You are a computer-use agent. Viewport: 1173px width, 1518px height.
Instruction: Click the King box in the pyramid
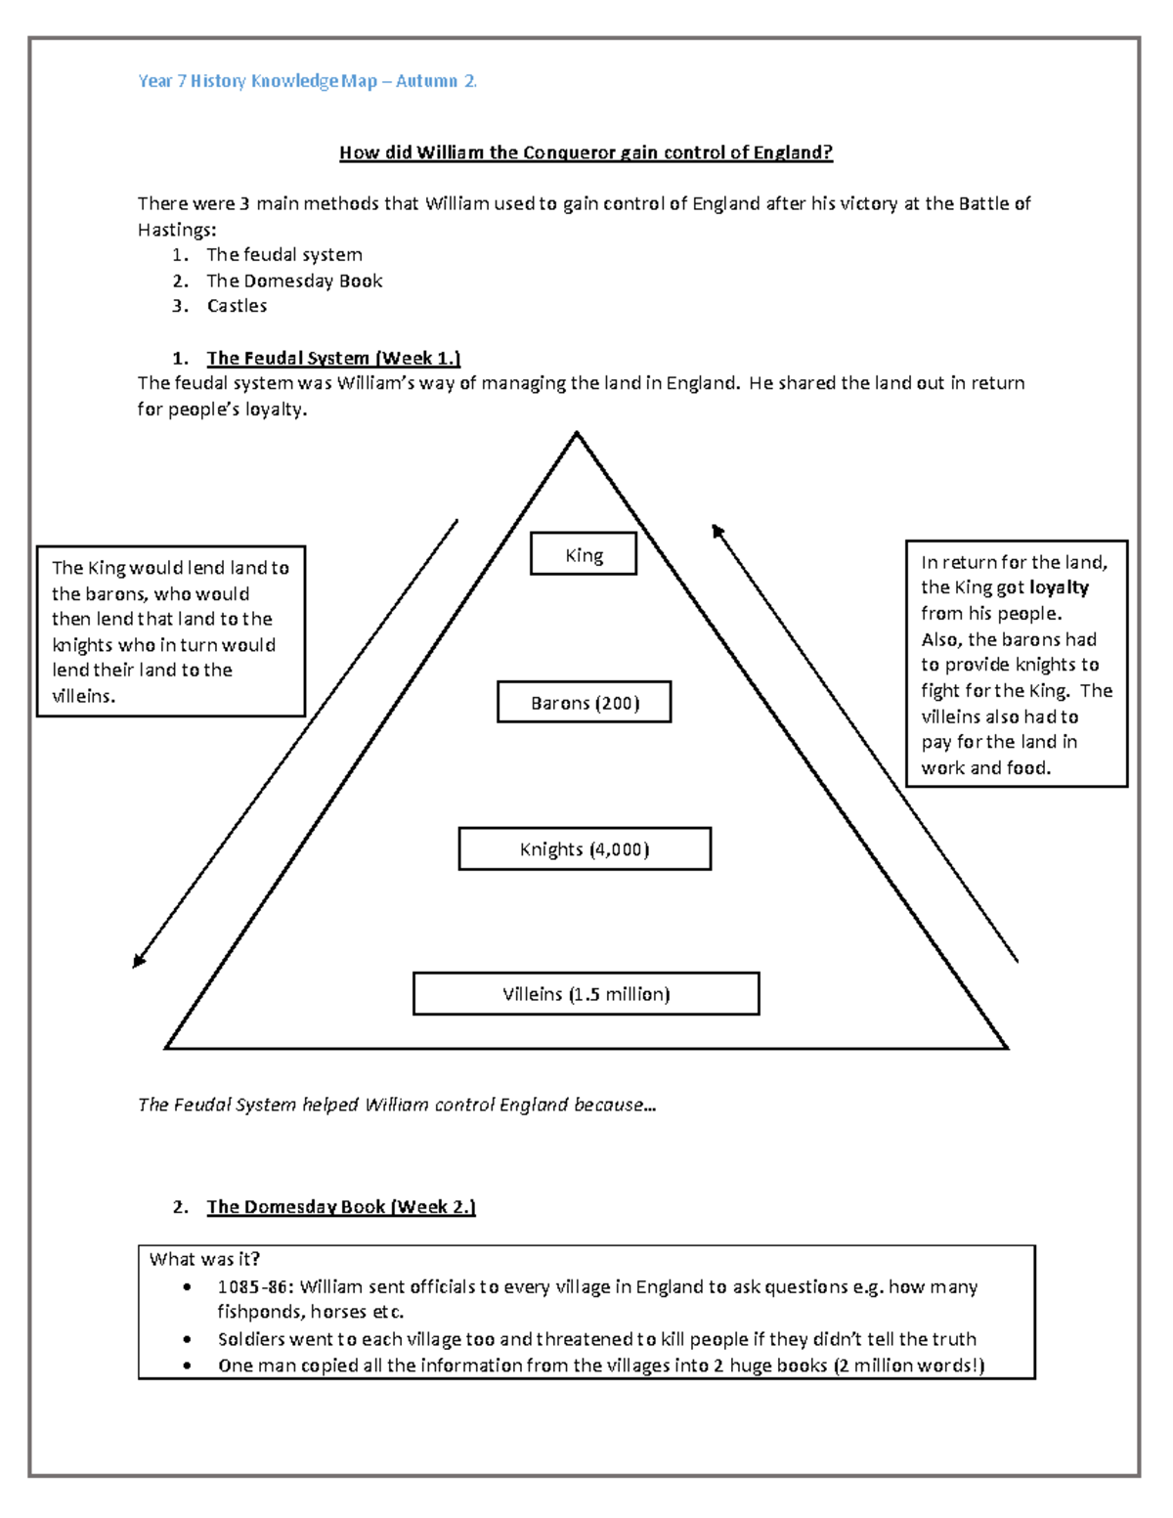click(x=584, y=554)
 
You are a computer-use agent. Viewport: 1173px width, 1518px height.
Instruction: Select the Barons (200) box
click(x=584, y=703)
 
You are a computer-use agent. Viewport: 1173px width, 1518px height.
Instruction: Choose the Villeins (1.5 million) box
click(x=586, y=994)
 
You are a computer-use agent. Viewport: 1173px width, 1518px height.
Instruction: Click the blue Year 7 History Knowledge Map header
click(x=307, y=81)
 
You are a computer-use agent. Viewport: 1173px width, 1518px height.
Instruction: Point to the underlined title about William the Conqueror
click(x=586, y=152)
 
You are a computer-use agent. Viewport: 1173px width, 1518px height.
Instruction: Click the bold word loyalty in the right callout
click(x=1059, y=587)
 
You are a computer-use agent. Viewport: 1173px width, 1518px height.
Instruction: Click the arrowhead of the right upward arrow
click(x=717, y=531)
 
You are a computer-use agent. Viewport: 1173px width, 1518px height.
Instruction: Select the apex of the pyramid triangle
click(x=577, y=434)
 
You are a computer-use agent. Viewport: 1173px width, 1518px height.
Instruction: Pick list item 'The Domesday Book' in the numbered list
click(x=293, y=281)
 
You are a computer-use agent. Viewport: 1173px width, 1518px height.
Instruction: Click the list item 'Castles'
click(x=237, y=306)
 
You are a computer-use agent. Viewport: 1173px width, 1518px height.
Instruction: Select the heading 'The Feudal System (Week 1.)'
click(x=332, y=358)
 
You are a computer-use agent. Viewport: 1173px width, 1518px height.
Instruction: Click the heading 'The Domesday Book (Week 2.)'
click(x=340, y=1207)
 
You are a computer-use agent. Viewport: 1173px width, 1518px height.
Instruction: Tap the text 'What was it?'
click(x=204, y=1259)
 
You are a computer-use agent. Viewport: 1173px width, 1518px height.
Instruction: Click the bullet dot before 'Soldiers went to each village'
click(x=187, y=1339)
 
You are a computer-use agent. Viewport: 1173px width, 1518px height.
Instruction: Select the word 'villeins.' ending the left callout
click(x=83, y=696)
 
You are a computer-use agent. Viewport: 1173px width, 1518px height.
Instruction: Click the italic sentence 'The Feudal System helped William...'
click(x=397, y=1105)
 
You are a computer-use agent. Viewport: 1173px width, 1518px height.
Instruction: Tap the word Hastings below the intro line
click(x=176, y=230)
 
